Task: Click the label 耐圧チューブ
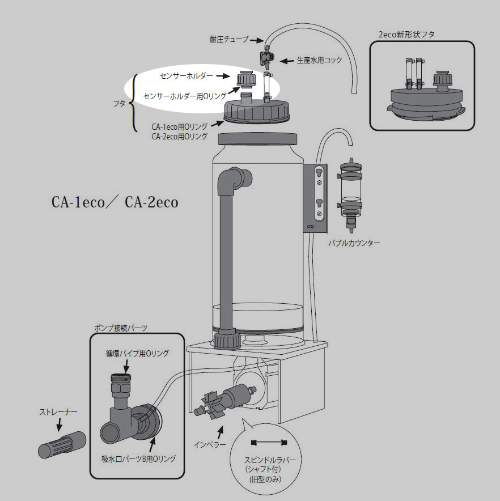click(228, 39)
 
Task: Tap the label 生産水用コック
click(319, 60)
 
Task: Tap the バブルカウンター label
click(354, 243)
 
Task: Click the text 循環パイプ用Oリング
click(137, 353)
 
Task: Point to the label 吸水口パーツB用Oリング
click(138, 458)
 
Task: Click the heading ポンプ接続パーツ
click(120, 328)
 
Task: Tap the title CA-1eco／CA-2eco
click(114, 202)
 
